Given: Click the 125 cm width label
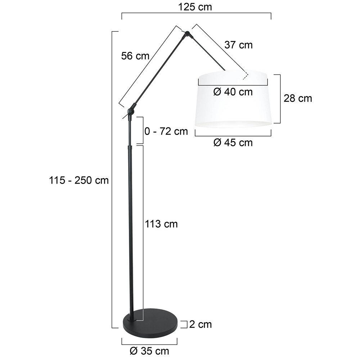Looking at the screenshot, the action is coord(195,7).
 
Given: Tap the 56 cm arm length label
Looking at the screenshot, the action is coord(135,56).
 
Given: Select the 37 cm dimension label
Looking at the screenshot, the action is coord(239,45).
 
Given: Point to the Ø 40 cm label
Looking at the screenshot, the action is coord(233,92).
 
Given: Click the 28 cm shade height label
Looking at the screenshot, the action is coord(298,98).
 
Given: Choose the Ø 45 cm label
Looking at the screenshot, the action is coord(233,143).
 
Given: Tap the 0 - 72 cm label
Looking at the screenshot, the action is coord(166,131).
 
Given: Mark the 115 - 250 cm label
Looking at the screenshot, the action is coord(79,180).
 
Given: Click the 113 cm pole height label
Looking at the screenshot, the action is coord(161,224).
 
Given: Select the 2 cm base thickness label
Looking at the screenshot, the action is coord(201,324).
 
